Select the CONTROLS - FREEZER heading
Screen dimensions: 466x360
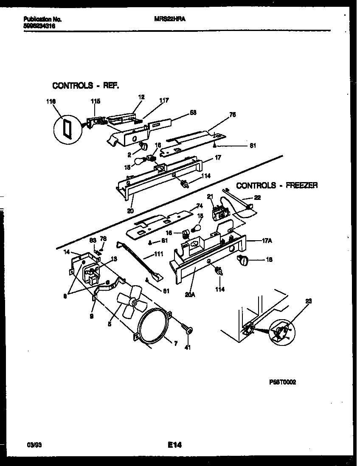(277, 185)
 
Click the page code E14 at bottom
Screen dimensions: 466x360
(175, 445)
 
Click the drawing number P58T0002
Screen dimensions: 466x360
(282, 382)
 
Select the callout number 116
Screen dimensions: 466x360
(51, 102)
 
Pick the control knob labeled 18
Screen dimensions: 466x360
(246, 261)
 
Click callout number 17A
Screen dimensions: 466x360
(267, 241)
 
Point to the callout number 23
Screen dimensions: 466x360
(308, 301)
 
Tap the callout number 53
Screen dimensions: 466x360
(193, 112)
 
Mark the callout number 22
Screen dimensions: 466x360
(257, 197)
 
